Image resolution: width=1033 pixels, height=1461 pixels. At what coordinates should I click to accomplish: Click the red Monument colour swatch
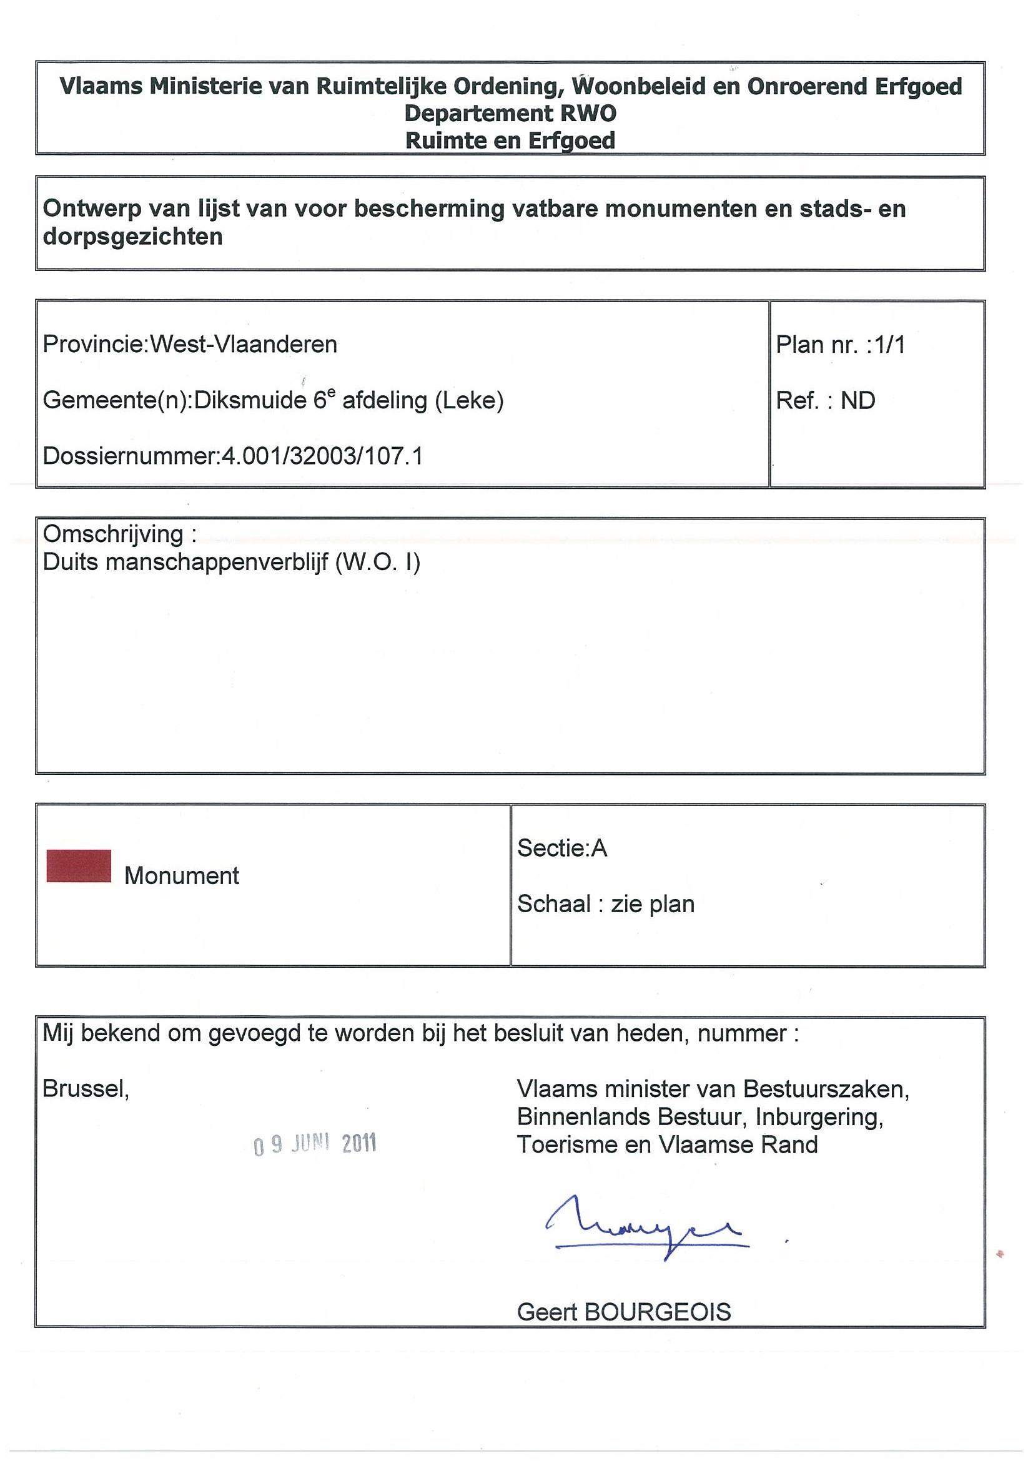point(79,866)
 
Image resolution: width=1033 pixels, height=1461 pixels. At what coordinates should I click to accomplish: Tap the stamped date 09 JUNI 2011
point(315,1144)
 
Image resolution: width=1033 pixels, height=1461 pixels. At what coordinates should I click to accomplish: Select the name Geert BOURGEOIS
point(624,1312)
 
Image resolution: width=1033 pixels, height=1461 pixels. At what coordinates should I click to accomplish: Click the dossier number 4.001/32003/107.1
point(322,456)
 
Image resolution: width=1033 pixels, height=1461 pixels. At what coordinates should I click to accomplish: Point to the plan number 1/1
point(890,345)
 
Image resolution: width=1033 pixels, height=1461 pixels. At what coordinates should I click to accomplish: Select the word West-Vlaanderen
point(243,345)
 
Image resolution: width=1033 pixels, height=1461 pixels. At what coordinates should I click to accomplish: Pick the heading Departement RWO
point(510,113)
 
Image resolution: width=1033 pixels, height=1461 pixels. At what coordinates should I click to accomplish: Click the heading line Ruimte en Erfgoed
point(510,140)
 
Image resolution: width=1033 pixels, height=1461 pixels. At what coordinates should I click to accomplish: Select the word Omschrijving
point(112,534)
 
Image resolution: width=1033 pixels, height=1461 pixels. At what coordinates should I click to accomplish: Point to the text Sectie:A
point(562,849)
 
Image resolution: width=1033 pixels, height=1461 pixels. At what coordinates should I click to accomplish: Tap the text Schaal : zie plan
point(605,904)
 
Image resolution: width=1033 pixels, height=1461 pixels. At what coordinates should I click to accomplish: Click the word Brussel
point(86,1090)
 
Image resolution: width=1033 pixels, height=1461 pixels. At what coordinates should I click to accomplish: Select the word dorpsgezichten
point(132,237)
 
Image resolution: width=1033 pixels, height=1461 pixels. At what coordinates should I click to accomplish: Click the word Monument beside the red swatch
point(181,876)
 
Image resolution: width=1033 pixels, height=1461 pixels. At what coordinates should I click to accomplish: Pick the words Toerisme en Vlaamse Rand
point(667,1145)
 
